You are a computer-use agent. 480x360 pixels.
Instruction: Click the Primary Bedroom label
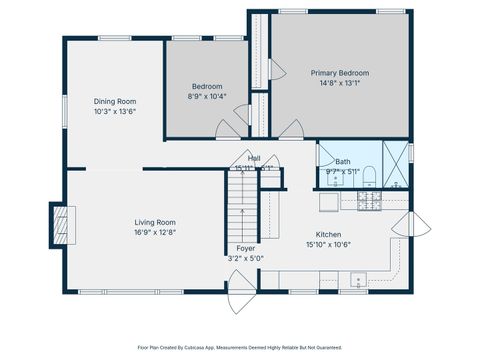[339, 73]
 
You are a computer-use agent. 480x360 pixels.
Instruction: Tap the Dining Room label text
[115, 101]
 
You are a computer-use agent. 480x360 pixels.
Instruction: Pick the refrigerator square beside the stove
[330, 202]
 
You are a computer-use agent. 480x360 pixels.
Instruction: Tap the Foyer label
[245, 248]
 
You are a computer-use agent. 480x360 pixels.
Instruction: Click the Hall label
[254, 158]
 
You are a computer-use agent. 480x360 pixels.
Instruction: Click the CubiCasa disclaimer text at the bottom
[240, 348]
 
